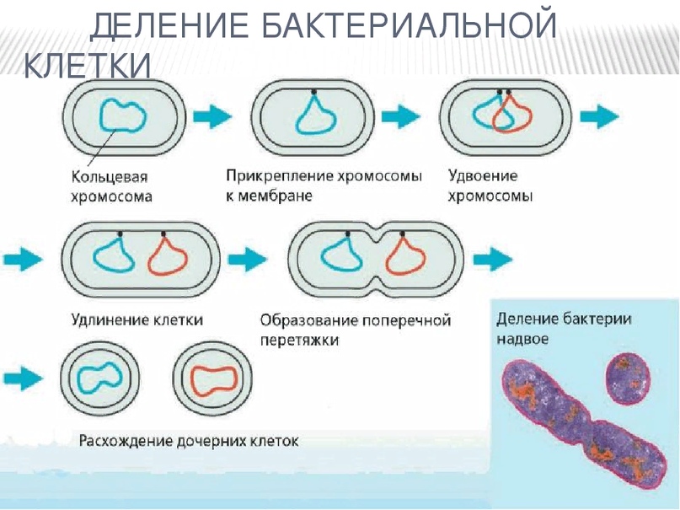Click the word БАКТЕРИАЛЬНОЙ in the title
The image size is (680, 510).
408,25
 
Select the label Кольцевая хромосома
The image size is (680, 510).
110,187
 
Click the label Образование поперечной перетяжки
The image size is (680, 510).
355,330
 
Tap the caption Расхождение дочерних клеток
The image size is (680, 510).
189,441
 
